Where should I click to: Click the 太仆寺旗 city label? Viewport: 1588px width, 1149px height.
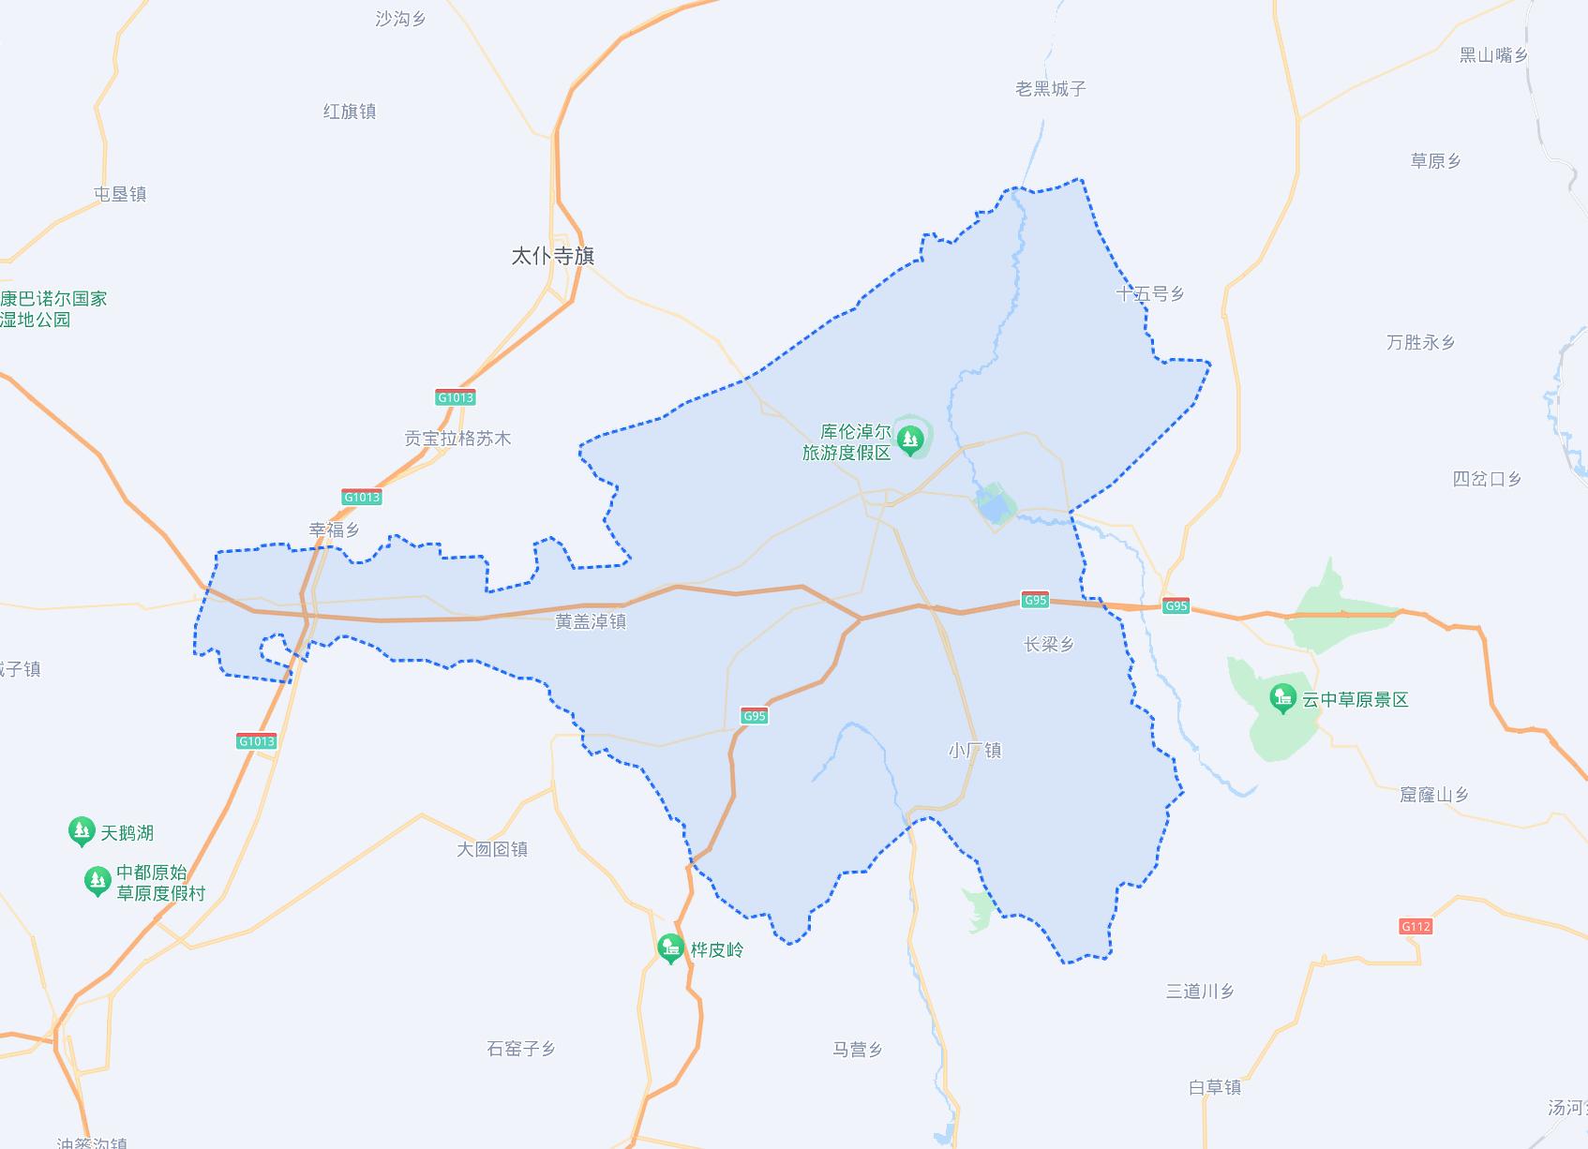click(552, 256)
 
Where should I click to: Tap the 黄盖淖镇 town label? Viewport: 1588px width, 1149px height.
click(590, 621)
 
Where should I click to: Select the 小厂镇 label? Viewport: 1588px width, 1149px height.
click(975, 750)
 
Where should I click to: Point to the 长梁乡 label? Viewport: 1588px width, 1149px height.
click(1048, 644)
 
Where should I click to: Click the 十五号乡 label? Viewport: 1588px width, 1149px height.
click(1150, 294)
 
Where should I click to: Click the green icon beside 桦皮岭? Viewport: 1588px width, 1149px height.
click(670, 948)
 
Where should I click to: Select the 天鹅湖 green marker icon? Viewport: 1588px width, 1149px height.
click(82, 830)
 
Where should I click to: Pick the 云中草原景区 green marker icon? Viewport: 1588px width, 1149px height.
click(1282, 698)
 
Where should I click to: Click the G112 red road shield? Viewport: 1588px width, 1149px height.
click(1416, 927)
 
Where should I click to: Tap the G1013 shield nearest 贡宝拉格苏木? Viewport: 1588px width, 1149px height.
click(456, 397)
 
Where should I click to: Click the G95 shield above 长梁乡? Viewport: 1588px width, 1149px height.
click(1034, 600)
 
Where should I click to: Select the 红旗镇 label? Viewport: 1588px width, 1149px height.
click(350, 112)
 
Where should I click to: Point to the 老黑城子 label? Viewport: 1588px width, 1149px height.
click(1051, 89)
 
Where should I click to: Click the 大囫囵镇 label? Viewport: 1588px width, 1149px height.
click(492, 849)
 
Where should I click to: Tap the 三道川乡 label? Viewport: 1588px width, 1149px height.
click(1200, 991)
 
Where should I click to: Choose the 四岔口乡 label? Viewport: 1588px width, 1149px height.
click(1487, 479)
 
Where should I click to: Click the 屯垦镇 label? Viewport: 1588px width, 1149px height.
click(120, 194)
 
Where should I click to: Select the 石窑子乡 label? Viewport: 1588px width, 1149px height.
click(521, 1049)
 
